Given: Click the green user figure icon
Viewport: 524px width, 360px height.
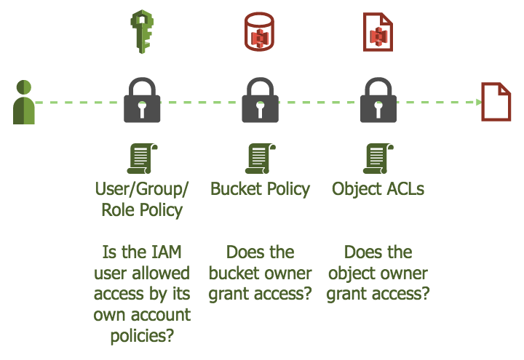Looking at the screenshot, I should point(24,103).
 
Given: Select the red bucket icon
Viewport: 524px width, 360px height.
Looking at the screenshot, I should point(259,31).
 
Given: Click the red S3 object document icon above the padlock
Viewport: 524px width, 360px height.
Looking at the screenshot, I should point(378,31).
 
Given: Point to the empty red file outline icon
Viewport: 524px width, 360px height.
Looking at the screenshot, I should point(494,103).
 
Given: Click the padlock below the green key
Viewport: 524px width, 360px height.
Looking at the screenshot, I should point(142,100).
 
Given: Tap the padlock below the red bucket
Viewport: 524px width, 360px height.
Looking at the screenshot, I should point(260,100).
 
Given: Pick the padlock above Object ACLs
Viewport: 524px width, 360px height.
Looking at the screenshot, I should point(378,100).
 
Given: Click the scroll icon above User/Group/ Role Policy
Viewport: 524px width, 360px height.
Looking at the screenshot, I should point(143,158).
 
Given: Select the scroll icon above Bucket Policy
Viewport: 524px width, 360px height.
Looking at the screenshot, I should point(260,158).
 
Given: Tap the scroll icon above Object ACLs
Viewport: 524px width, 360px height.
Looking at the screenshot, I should point(378,158).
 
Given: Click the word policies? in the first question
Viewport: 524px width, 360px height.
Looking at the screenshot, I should point(142,337).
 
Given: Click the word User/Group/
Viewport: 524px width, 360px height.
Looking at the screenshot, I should point(142,189).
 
